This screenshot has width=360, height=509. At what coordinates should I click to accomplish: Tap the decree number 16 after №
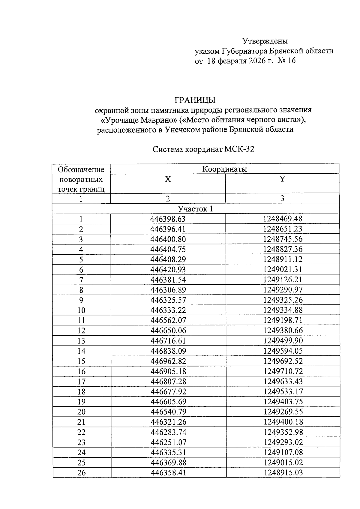click(291, 61)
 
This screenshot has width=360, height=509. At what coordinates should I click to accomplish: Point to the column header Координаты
click(224, 169)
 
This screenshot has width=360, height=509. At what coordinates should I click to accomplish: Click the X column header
click(168, 179)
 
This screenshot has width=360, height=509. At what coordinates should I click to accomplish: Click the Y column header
click(282, 179)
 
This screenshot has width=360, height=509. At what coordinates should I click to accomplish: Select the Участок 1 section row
click(195, 209)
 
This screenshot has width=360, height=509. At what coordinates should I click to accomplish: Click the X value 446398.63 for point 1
click(168, 219)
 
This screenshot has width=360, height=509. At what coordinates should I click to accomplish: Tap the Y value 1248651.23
click(283, 229)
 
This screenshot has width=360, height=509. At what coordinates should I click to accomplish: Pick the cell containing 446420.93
click(168, 270)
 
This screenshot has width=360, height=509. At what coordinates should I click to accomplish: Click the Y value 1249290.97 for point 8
click(283, 290)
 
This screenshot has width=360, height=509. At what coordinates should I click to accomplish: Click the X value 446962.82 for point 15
click(168, 361)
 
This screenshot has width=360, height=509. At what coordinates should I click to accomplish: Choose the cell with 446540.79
click(168, 412)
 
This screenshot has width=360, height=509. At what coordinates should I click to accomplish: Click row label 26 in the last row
click(81, 473)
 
